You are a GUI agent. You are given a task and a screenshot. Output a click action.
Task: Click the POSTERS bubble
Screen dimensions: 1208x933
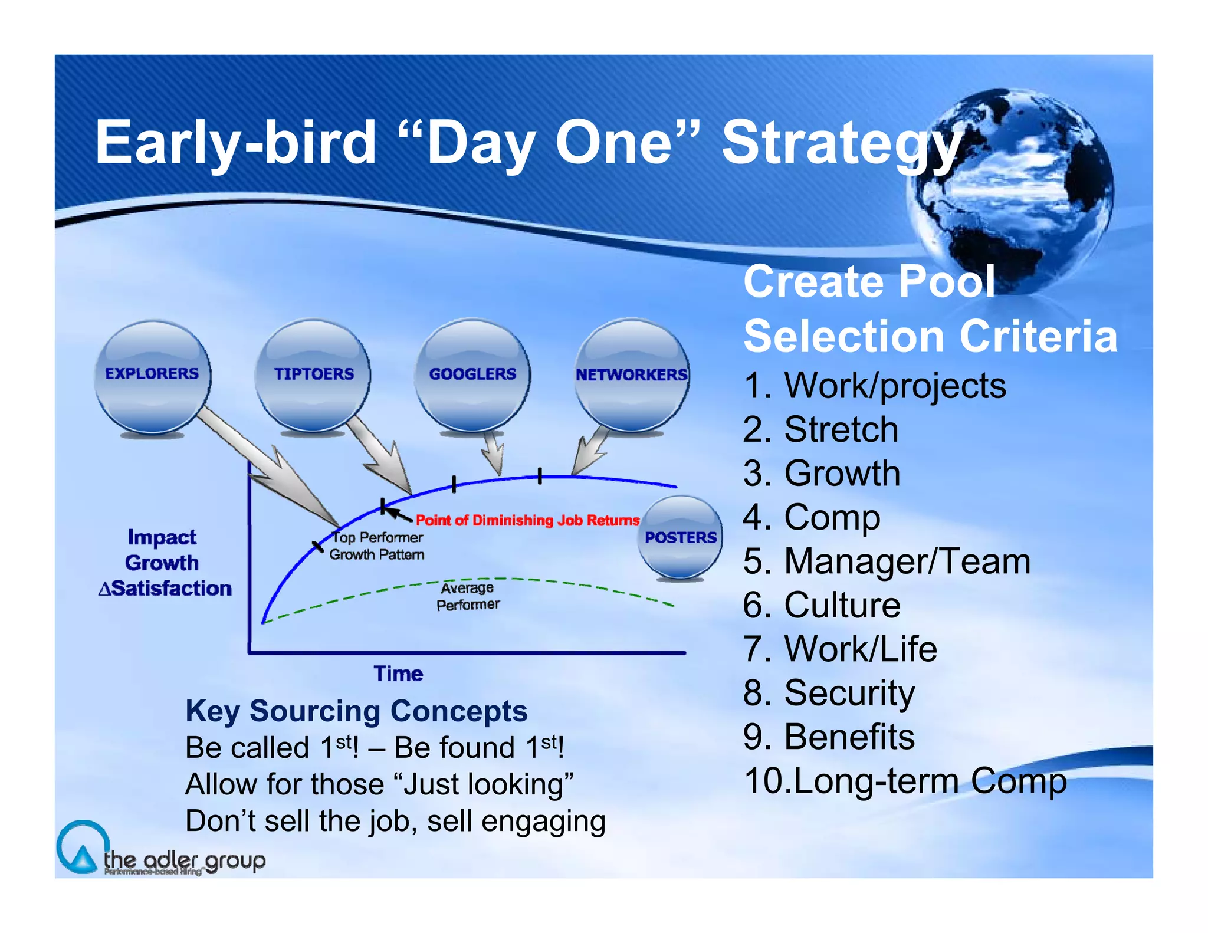click(680, 537)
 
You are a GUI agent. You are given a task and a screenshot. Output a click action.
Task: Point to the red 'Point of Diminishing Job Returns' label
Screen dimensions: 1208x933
click(527, 520)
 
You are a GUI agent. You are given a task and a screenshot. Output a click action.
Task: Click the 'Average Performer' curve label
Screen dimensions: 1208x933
click(468, 596)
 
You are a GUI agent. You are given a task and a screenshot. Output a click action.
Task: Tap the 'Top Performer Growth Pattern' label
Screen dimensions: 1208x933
click(377, 546)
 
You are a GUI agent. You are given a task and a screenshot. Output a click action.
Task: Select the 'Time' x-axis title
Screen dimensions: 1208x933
click(398, 674)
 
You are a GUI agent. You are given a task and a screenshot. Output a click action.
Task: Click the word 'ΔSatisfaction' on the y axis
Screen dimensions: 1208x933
click(165, 589)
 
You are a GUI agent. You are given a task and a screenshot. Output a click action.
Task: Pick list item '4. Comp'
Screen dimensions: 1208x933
click(812, 518)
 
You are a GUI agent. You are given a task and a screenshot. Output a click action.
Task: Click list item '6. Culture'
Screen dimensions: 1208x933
click(822, 605)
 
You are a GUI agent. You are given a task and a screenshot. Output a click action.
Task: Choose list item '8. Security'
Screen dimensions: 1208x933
click(829, 694)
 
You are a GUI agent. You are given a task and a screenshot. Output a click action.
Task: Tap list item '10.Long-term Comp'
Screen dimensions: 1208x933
click(905, 781)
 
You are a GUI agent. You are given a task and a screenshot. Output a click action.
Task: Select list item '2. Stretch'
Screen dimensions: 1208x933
click(820, 429)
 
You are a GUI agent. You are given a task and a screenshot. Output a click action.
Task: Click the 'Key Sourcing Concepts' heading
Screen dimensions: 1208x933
click(356, 711)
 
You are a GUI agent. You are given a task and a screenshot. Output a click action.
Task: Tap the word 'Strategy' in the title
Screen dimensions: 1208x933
click(842, 144)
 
